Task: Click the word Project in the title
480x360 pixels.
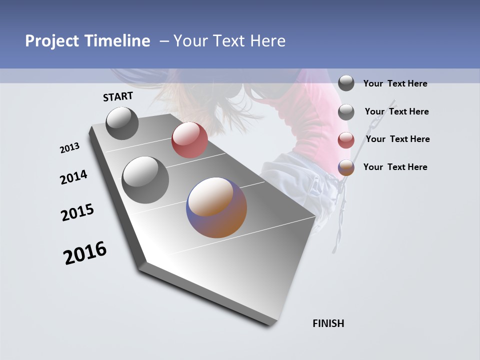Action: (x=49, y=41)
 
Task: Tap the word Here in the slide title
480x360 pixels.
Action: (x=267, y=41)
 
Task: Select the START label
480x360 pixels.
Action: (x=118, y=96)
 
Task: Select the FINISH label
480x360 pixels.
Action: (x=328, y=323)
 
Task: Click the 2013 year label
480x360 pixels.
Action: (x=69, y=148)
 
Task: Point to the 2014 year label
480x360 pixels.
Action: (x=73, y=177)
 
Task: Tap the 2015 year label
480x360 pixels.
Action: (x=77, y=212)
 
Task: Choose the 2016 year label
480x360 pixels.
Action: (x=85, y=253)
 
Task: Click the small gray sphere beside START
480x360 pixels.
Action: (x=122, y=123)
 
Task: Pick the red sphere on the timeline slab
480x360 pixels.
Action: (x=189, y=140)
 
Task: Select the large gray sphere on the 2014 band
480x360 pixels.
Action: (x=145, y=180)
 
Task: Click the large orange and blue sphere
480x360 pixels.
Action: (x=216, y=207)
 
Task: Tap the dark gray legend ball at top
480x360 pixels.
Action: (x=346, y=83)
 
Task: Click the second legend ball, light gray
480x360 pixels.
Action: (x=346, y=112)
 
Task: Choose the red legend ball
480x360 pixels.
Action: (x=346, y=139)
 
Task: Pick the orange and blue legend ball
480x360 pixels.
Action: (x=346, y=167)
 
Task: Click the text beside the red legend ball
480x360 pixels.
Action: (x=397, y=139)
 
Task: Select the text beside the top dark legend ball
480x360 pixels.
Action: (x=395, y=83)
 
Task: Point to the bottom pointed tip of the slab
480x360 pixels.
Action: (x=270, y=325)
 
